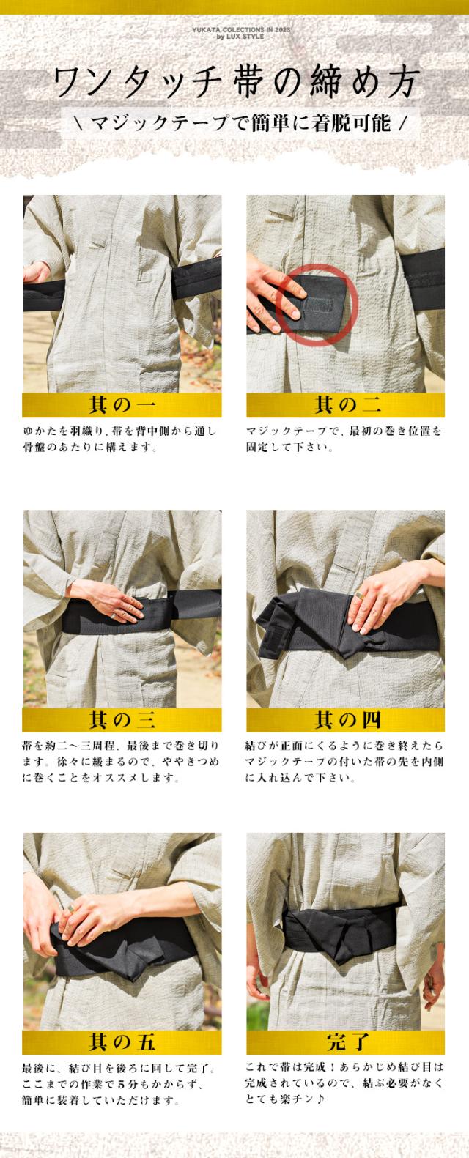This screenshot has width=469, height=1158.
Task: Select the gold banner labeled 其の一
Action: pyautogui.click(x=122, y=404)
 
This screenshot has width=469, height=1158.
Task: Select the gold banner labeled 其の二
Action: pyautogui.click(x=345, y=404)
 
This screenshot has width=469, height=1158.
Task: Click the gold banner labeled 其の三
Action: pyautogui.click(x=122, y=721)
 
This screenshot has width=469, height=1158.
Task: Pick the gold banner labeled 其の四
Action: pyautogui.click(x=345, y=721)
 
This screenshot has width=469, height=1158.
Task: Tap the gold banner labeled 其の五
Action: pyautogui.click(x=122, y=1042)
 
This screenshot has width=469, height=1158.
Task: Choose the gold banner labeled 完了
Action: pyautogui.click(x=345, y=1042)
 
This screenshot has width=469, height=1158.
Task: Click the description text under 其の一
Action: pyautogui.click(x=119, y=439)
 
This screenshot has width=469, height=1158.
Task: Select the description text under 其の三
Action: pyautogui.click(x=119, y=761)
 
